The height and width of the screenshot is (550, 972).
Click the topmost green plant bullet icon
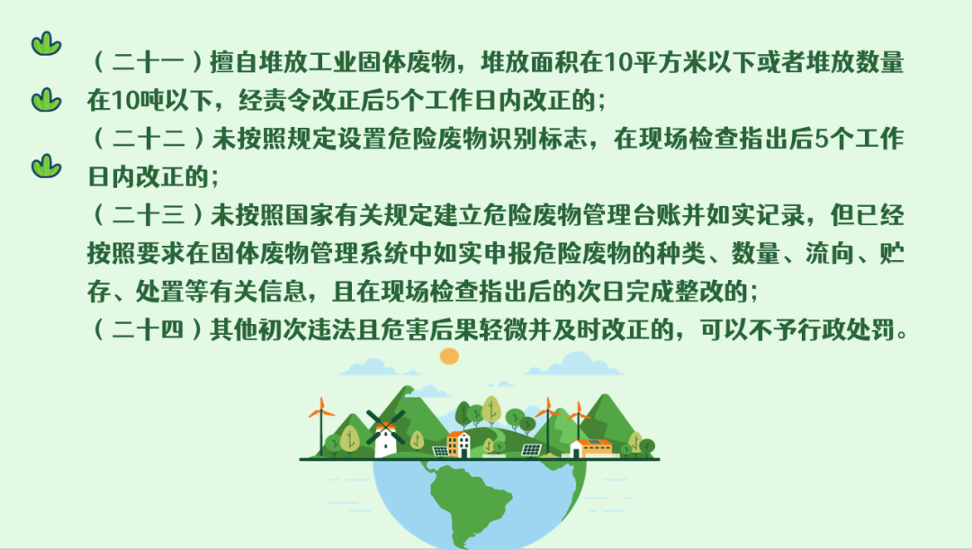tap(47, 44)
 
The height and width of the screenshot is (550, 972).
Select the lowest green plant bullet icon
tap(47, 166)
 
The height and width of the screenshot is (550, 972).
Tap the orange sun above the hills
tap(449, 356)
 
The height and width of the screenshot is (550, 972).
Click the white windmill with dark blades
tap(385, 434)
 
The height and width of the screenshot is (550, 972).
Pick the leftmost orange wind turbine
tap(321, 427)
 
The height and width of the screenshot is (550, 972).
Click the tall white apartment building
tap(458, 444)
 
